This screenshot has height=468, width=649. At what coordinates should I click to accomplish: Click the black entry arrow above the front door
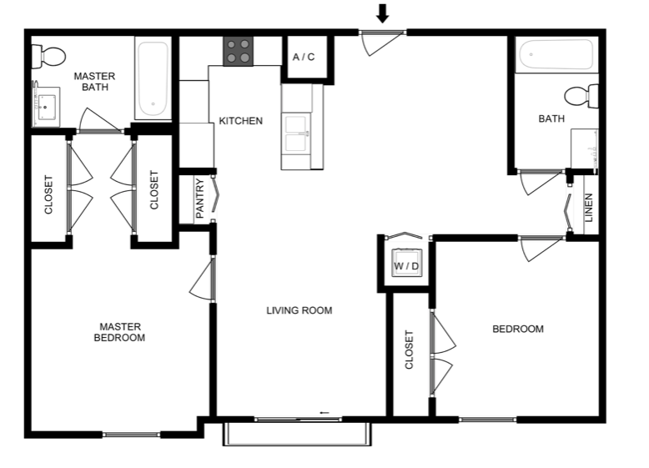382,13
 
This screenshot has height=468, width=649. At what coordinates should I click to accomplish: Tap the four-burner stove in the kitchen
239,52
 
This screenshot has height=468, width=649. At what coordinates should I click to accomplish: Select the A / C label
304,57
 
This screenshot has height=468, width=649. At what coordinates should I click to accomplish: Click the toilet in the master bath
49,56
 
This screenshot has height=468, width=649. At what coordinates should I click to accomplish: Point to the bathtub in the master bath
153,78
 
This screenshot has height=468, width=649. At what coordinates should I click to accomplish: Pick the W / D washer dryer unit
406,263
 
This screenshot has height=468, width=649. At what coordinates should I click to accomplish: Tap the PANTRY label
200,199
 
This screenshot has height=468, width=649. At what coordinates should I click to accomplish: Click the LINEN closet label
589,208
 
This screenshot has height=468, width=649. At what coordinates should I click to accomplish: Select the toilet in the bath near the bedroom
581,96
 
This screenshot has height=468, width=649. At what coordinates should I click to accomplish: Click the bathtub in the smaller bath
556,54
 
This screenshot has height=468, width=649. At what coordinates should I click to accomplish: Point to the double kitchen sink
296,133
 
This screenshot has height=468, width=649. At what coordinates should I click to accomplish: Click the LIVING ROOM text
299,310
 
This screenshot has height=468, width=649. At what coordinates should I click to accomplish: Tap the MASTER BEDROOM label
119,332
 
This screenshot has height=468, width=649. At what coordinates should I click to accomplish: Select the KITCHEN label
240,121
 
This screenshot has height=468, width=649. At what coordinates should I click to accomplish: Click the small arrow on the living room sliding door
324,413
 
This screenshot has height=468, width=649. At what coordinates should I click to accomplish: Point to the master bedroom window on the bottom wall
131,435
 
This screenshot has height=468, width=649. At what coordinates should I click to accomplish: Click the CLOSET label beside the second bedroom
409,350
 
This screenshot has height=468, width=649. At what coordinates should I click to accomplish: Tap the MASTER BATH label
95,82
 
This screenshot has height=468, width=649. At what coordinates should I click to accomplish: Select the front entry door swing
380,43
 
